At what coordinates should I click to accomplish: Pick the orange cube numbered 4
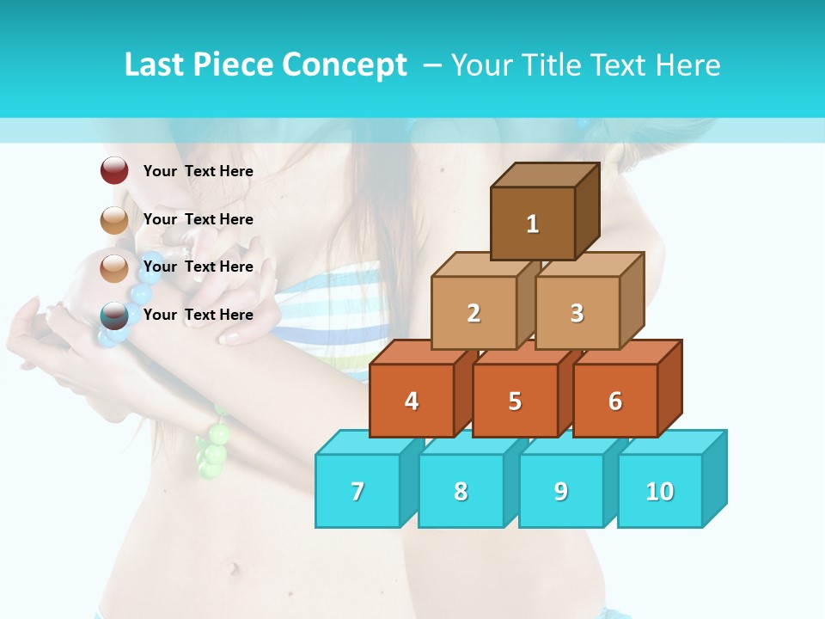(x=412, y=401)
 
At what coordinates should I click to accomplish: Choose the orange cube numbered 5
(x=515, y=401)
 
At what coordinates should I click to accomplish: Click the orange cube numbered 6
(x=615, y=401)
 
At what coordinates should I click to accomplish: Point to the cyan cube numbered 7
(x=357, y=491)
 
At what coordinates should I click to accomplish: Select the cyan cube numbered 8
(x=461, y=491)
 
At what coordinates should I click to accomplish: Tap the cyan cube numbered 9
(x=561, y=491)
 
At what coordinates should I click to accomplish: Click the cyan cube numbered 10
(x=660, y=491)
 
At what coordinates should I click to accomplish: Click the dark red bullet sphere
(x=114, y=171)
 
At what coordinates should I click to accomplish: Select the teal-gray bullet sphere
(x=114, y=316)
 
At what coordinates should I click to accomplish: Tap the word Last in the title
(x=155, y=65)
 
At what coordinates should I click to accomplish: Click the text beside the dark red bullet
(x=199, y=171)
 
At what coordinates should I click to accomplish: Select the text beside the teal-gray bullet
(x=199, y=315)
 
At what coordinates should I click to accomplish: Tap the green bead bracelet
(x=214, y=448)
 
